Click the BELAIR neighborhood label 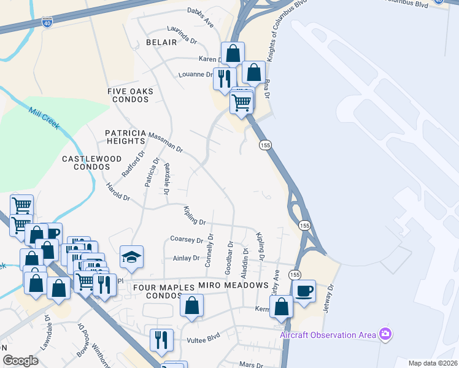click(161, 42)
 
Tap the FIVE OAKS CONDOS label click(130, 96)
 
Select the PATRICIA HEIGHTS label click(125, 137)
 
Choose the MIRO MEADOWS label click(233, 286)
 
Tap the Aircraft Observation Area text click(326, 335)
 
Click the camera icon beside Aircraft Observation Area click(385, 334)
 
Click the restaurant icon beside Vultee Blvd click(162, 339)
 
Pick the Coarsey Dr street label click(187, 240)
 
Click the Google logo click(20, 361)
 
